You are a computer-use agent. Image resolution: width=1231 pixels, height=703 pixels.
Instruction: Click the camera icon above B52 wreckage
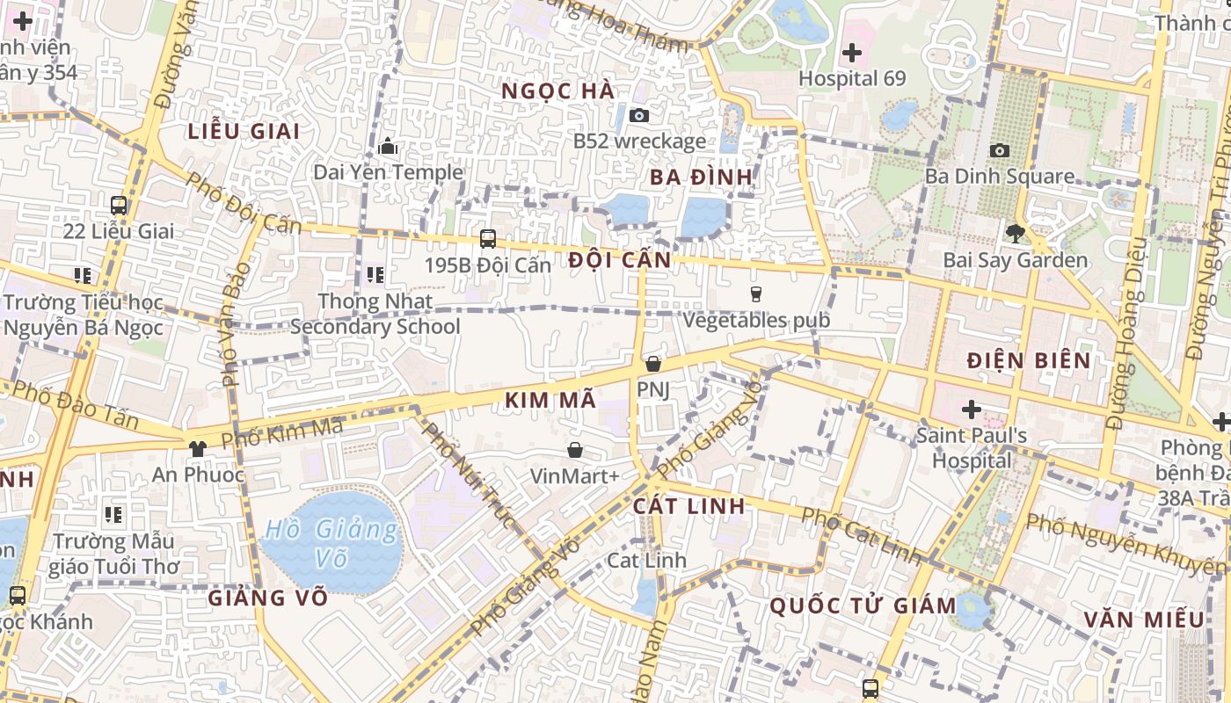[x=639, y=115]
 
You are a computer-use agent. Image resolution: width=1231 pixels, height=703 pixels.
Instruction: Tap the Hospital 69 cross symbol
[x=851, y=53]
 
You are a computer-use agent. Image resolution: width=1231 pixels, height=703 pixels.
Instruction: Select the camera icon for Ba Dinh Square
[x=1000, y=151]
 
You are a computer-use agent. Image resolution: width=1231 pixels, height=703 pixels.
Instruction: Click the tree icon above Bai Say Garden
[x=1016, y=234]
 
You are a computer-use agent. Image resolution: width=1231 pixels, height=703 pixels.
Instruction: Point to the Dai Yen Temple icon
[x=388, y=146]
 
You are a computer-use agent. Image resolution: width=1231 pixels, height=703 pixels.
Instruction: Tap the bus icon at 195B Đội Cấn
[x=487, y=238]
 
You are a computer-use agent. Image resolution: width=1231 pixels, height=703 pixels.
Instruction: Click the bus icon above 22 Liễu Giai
[x=119, y=206]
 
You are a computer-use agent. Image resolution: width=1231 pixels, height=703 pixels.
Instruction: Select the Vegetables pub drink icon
[x=755, y=294]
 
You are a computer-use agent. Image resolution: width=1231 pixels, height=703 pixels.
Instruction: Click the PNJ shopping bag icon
[x=652, y=363]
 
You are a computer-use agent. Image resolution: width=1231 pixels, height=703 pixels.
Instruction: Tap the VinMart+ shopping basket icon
[x=575, y=450]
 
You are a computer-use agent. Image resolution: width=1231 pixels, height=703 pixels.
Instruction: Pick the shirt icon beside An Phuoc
[x=197, y=448]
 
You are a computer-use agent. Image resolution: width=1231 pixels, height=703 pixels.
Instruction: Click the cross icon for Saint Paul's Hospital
[x=972, y=409]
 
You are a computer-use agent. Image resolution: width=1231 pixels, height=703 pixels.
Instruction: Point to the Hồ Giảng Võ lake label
[x=331, y=543]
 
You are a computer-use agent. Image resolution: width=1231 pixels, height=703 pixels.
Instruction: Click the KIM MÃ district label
[x=550, y=401]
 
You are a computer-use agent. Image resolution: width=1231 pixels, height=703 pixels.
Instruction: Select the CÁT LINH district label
[x=689, y=506]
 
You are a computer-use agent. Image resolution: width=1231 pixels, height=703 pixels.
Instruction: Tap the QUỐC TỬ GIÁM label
[x=863, y=605]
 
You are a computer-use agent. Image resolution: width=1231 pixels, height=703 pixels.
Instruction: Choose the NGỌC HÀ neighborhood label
[x=557, y=91]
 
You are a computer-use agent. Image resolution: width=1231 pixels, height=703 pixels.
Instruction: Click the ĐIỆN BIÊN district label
[x=1028, y=360]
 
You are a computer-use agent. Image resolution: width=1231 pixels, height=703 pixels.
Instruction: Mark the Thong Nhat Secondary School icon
[x=375, y=275]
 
